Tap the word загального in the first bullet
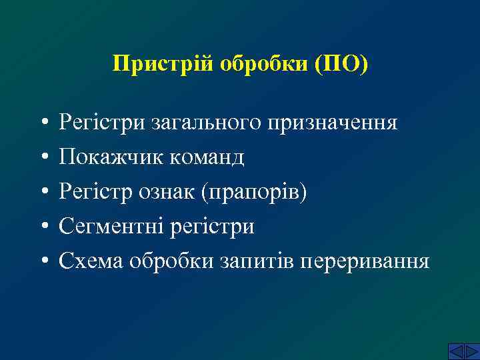pyautogui.click(x=204, y=123)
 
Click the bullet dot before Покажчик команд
pyautogui.click(x=42, y=159)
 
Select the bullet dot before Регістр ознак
pyautogui.click(x=42, y=193)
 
